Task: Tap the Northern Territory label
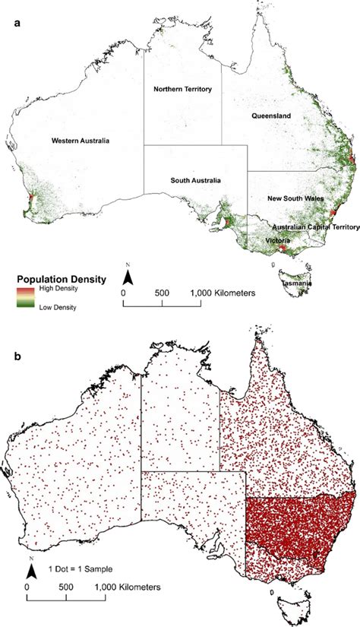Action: (x=182, y=89)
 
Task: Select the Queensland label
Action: (x=273, y=116)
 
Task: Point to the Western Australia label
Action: (x=81, y=141)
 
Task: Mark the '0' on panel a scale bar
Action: (x=124, y=292)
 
